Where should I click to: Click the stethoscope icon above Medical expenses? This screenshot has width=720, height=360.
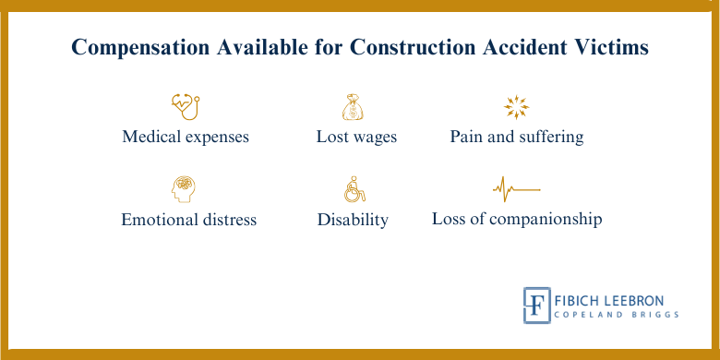(186, 105)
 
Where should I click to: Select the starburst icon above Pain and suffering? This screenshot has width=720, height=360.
(516, 107)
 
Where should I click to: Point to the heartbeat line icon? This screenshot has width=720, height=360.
(516, 190)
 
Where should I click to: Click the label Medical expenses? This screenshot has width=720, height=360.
(186, 137)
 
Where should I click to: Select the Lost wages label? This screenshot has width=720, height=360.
(356, 137)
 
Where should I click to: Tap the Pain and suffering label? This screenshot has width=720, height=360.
(517, 137)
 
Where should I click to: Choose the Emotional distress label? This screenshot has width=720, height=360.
(188, 220)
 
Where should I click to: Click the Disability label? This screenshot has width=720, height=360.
(353, 220)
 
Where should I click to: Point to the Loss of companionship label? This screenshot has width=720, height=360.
(517, 220)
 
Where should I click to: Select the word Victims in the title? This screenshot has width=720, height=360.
(612, 48)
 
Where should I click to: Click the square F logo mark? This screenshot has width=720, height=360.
(536, 305)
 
